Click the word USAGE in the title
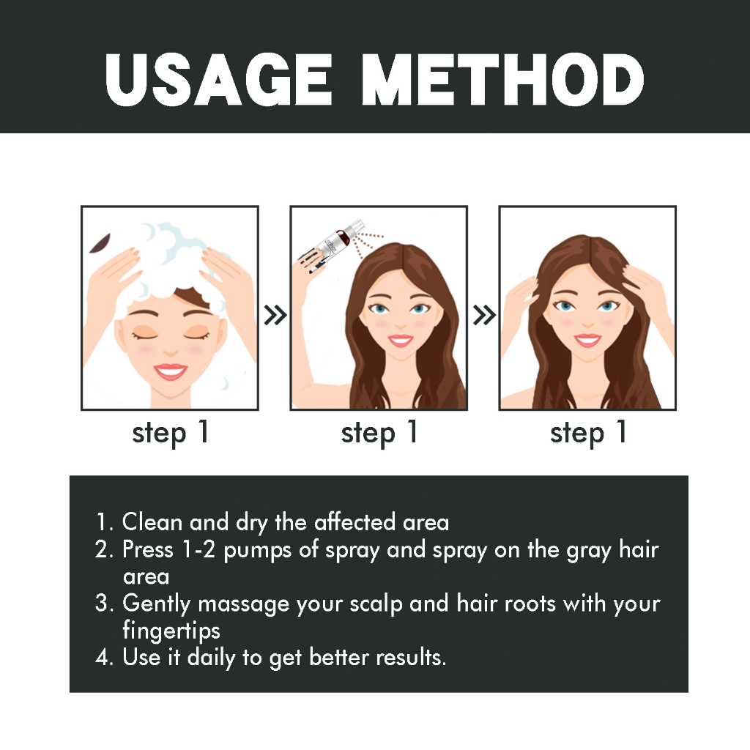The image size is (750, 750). [x=218, y=79]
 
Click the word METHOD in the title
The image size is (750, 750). [x=502, y=79]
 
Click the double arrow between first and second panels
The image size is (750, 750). [x=275, y=315]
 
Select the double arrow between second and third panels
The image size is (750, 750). [x=484, y=315]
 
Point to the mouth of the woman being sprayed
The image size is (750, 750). [x=401, y=341]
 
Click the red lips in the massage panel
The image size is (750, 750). [x=587, y=340]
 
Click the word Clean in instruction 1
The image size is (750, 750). [x=152, y=521]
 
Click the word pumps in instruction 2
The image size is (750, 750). [x=257, y=551]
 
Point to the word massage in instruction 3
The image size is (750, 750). [x=243, y=604]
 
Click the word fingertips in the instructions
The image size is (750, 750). [x=171, y=631]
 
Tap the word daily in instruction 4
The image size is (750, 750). [x=211, y=658]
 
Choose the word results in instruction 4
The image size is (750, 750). [x=411, y=658]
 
